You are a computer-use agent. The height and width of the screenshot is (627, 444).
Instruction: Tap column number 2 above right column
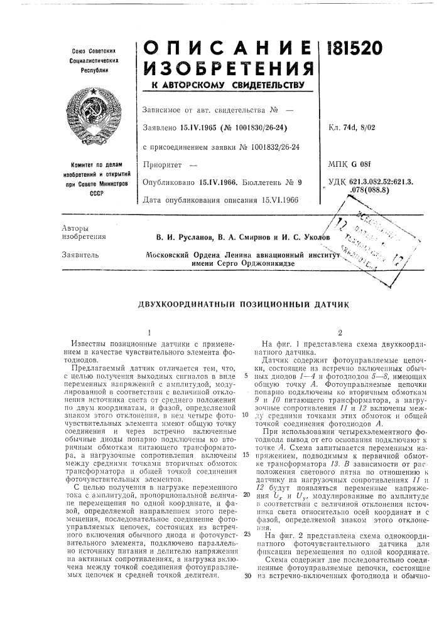pos(338,334)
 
